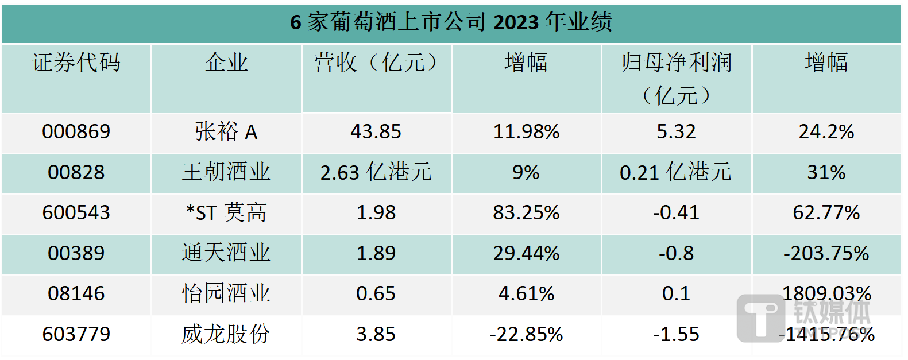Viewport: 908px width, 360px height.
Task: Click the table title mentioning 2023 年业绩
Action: point(451,22)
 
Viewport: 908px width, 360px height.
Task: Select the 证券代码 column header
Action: point(76,63)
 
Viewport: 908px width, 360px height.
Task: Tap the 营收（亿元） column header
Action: point(376,63)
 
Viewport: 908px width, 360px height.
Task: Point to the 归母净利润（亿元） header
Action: point(676,78)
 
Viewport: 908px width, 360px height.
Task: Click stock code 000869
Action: point(76,132)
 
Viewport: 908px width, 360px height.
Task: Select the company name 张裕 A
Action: point(226,132)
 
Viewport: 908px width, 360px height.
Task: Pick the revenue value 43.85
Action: point(376,132)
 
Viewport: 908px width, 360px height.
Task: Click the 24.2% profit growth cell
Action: point(826,132)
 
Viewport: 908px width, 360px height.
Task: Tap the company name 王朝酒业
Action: point(226,172)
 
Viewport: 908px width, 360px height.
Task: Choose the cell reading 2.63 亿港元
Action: point(376,172)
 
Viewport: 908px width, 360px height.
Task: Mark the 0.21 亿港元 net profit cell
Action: point(676,172)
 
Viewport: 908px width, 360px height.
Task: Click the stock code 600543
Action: point(76,213)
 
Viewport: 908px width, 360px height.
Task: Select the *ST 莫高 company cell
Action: point(226,213)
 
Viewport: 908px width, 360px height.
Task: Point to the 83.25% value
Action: point(526,213)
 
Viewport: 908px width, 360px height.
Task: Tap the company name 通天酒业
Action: point(226,253)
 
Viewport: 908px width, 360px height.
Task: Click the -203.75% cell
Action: point(826,253)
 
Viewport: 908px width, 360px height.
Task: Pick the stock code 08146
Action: point(76,294)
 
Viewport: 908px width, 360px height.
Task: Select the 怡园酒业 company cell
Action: point(226,294)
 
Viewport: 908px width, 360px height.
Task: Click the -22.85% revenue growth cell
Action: point(526,334)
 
